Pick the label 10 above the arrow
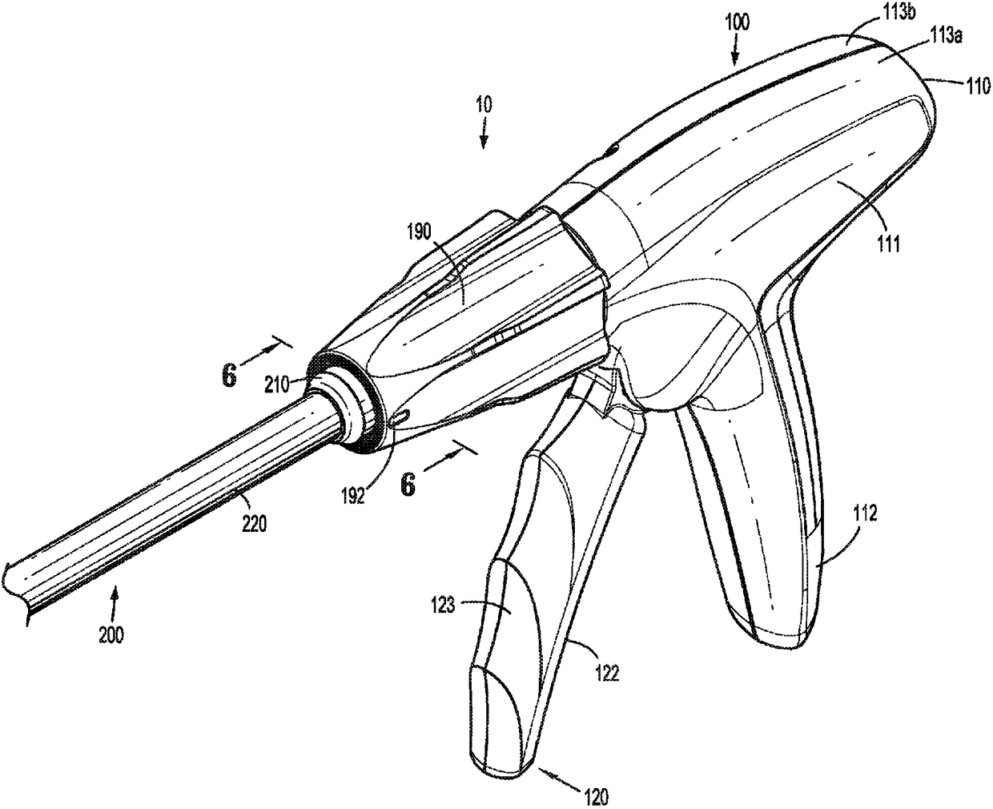point(484,104)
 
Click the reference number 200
point(111,636)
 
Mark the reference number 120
point(596,796)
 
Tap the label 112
point(866,516)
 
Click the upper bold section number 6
point(230,376)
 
